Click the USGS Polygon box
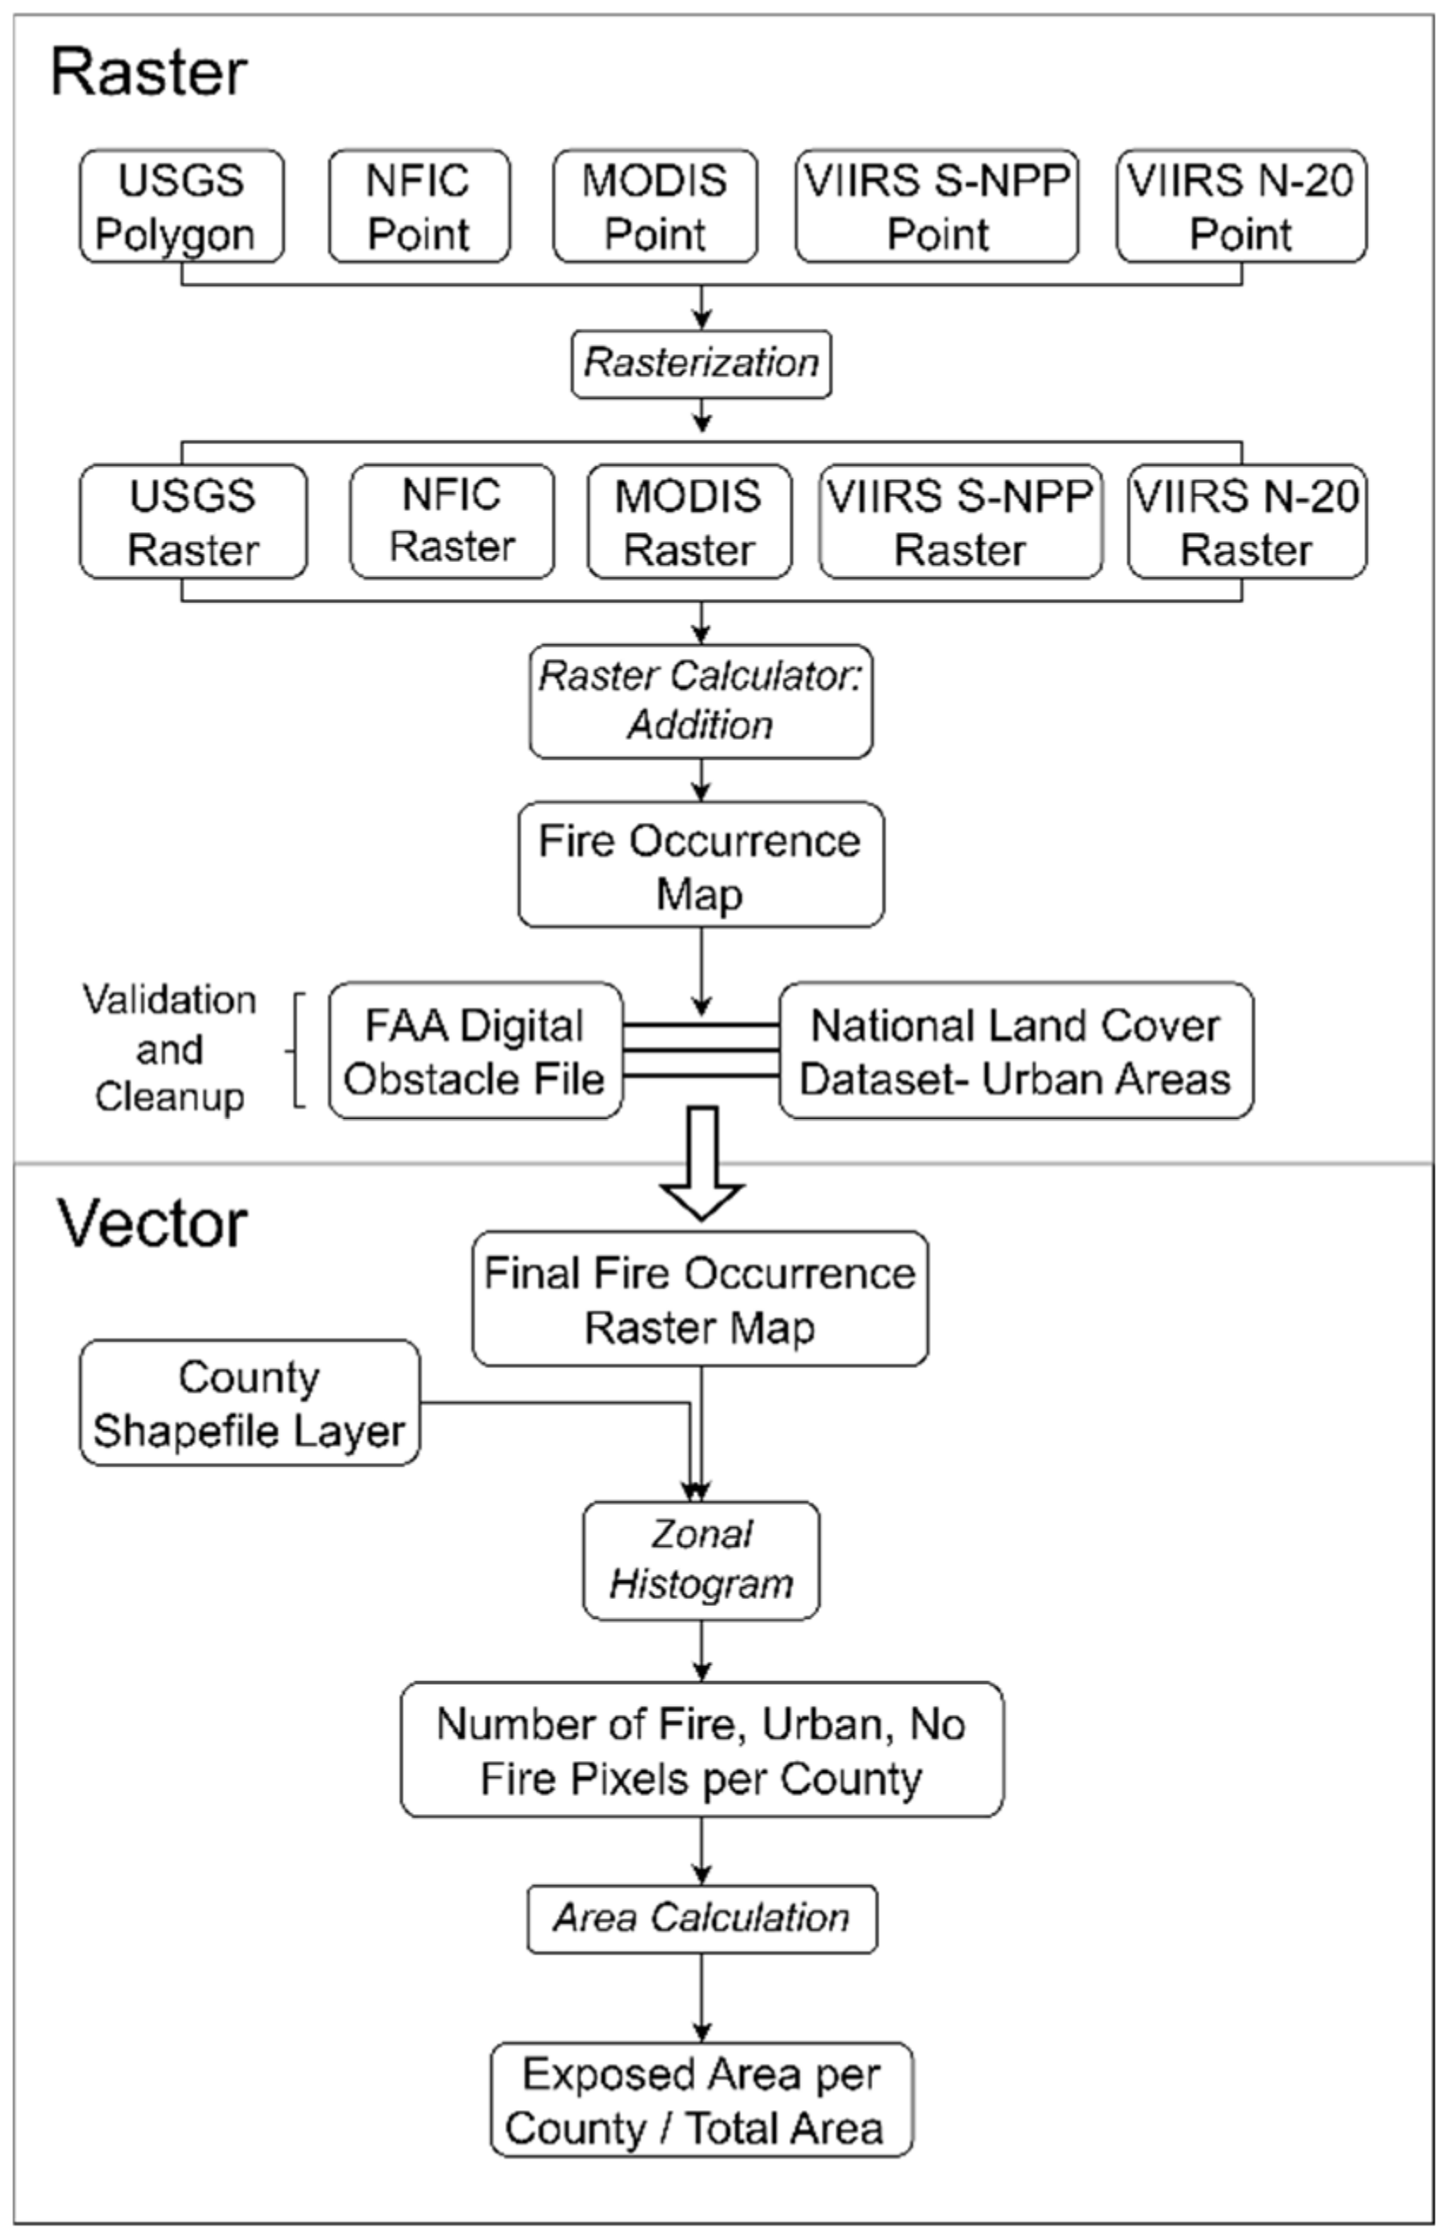tap(181, 206)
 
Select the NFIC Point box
tap(418, 206)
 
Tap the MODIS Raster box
tap(689, 521)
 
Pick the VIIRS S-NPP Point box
tap(936, 206)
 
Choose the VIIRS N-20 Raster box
tap(1246, 521)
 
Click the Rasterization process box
tap(701, 364)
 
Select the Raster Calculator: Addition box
tap(700, 702)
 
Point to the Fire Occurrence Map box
tap(700, 865)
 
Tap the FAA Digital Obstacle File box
tap(475, 1052)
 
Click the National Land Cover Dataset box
tap(1016, 1052)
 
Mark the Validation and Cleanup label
tap(169, 1048)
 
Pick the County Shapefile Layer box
tap(249, 1403)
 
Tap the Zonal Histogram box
tap(701, 1561)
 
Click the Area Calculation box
tap(701, 1918)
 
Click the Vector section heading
tap(152, 1224)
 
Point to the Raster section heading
tap(148, 73)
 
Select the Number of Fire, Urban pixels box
tap(701, 1751)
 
